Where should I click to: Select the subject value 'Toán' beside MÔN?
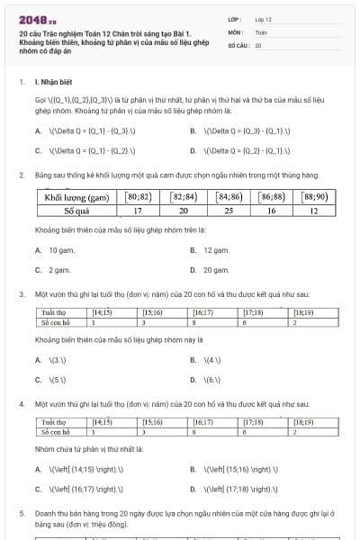261,31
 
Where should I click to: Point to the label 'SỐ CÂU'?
238,44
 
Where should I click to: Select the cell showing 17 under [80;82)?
138,211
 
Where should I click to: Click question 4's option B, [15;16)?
226,469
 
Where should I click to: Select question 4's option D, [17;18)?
226,489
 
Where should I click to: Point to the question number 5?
22,511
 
